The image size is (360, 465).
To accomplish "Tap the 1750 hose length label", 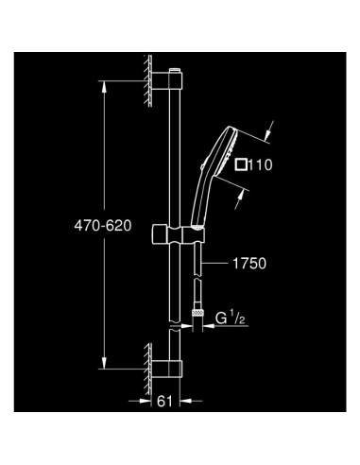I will point(247,266).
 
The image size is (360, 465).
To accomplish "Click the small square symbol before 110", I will point(242,164).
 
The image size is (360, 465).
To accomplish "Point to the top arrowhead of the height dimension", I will point(104,87).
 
